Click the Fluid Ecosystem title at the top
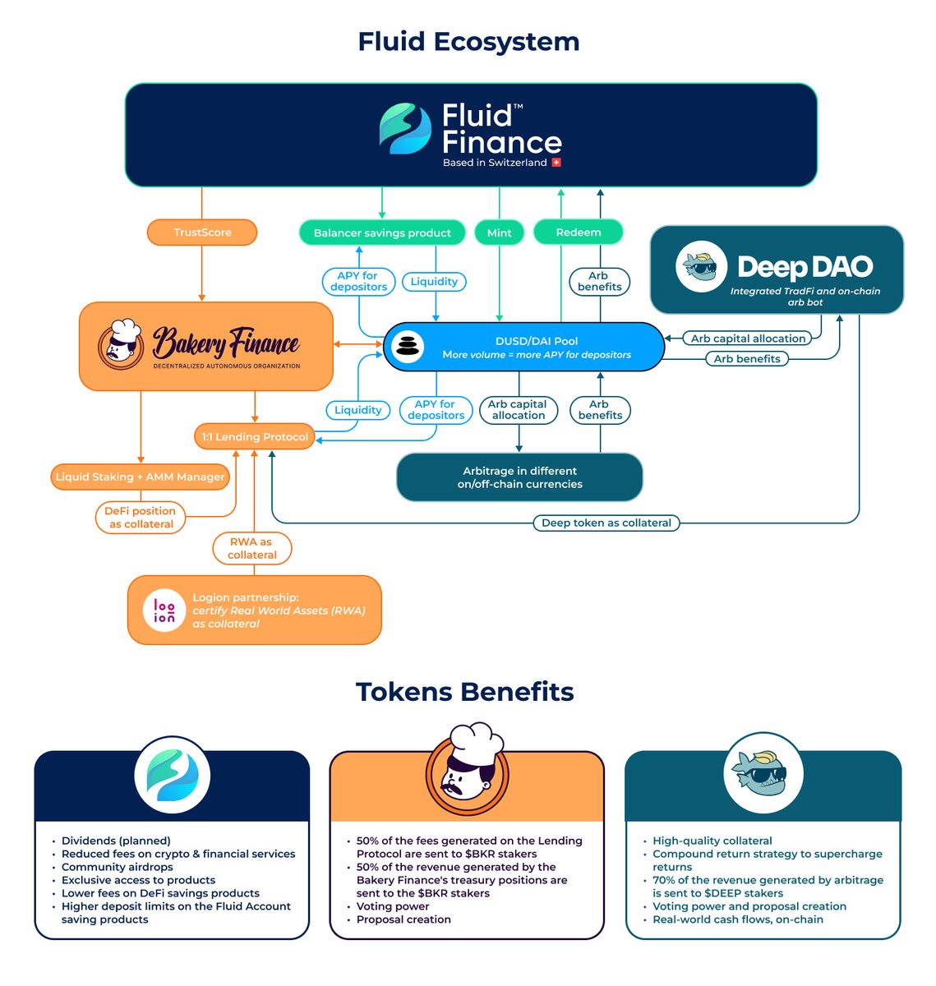click(x=468, y=41)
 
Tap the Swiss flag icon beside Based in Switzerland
click(x=556, y=163)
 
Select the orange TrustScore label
click(x=202, y=233)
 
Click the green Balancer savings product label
click(x=382, y=233)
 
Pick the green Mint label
click(x=499, y=233)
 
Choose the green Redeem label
click(x=578, y=233)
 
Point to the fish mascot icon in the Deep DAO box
click(x=701, y=267)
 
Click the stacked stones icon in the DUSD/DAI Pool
click(x=407, y=346)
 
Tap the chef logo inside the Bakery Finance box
click(x=121, y=344)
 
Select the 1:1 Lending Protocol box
click(x=255, y=437)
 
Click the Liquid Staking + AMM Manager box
click(x=140, y=477)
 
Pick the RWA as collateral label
click(x=251, y=548)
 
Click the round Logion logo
click(x=164, y=610)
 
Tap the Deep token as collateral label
click(x=606, y=523)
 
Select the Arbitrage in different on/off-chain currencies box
click(x=519, y=477)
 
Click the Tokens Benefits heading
click(x=464, y=692)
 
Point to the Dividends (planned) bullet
click(x=116, y=841)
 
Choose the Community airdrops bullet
click(x=117, y=867)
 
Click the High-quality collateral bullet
click(x=712, y=841)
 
